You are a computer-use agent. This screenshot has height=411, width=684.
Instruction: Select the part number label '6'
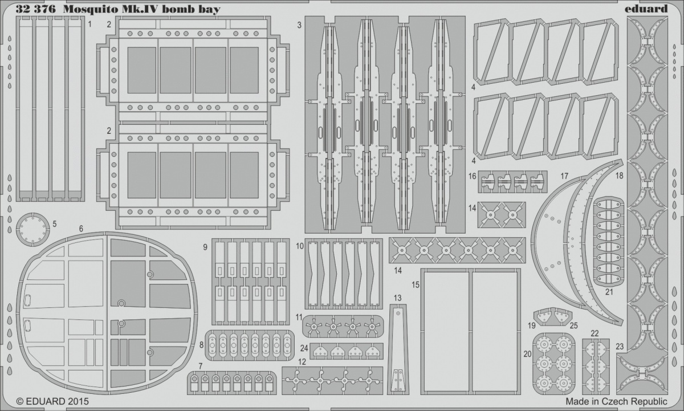[81, 229]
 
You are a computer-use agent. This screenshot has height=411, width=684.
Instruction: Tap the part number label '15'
[416, 284]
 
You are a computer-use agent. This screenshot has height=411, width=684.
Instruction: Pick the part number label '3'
[299, 25]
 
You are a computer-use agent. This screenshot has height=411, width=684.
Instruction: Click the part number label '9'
[205, 247]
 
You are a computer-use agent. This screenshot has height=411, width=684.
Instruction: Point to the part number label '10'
[300, 246]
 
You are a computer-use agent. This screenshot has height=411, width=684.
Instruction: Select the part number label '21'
[609, 292]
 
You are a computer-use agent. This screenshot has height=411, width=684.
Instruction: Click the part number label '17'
[564, 176]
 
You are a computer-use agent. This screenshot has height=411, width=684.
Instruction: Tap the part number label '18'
[620, 176]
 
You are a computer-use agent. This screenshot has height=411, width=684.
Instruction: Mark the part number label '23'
[620, 345]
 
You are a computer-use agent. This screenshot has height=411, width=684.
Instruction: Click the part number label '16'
[473, 177]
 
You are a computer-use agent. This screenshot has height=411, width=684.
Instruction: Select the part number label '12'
[302, 361]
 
